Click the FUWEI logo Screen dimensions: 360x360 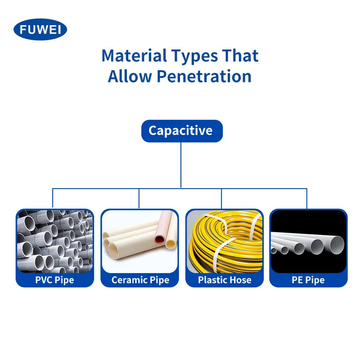40,30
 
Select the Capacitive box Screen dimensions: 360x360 180,131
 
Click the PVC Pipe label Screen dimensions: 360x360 54,280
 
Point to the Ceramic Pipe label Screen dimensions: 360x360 140,280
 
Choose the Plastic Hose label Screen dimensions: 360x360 225,280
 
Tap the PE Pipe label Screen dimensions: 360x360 308,280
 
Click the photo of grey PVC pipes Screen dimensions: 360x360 54,241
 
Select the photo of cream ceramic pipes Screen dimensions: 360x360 140,241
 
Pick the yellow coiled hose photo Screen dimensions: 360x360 225,241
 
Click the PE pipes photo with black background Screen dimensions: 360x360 308,241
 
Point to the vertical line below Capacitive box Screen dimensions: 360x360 181,164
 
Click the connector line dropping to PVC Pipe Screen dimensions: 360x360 53,198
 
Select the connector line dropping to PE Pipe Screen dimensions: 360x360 307,198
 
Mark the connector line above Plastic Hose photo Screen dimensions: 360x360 222,198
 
